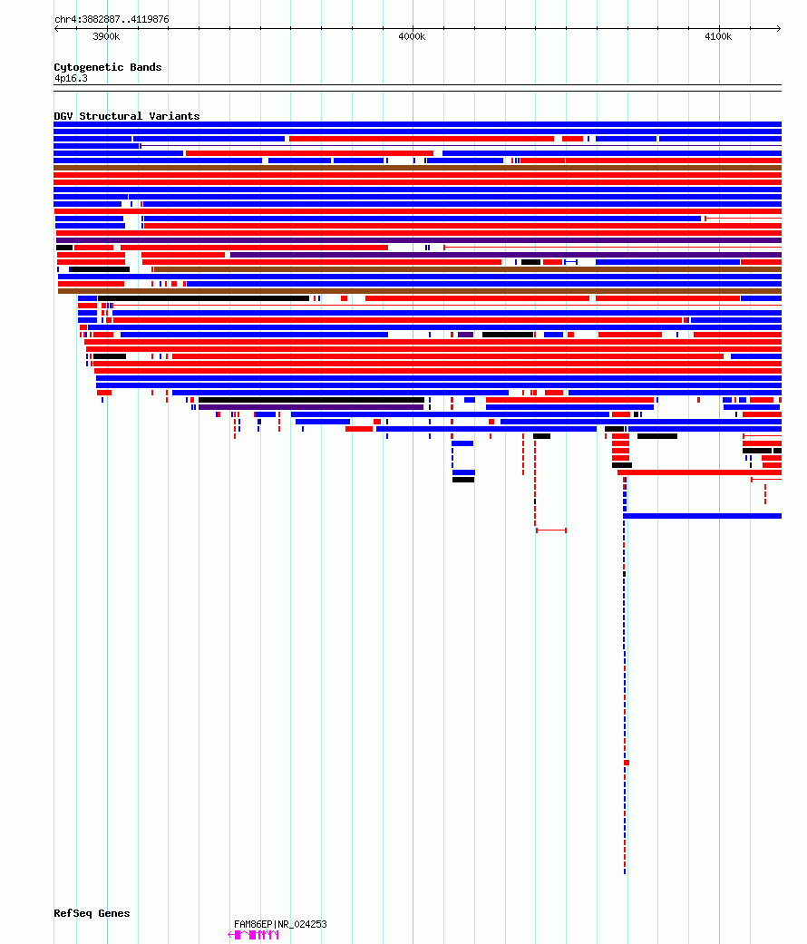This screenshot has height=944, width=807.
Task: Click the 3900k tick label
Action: coord(106,36)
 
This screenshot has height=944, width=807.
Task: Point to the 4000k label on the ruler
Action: coord(412,36)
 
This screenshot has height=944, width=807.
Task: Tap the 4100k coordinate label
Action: coord(718,36)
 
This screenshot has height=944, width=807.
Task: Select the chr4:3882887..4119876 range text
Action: coord(112,19)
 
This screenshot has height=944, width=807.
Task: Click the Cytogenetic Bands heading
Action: coord(108,67)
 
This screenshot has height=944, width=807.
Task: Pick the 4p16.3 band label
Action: coord(71,78)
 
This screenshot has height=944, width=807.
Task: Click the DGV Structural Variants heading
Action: coord(126,115)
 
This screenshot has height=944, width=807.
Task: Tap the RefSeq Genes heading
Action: coord(92,912)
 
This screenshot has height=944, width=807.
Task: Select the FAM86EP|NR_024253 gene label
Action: coord(280,924)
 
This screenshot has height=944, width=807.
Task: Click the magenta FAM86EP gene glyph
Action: coord(253,935)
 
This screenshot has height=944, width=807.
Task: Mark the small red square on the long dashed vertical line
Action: coord(627,763)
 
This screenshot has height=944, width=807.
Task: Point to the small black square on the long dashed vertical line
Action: coord(624,574)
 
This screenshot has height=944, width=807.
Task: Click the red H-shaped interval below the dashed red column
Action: coord(550,530)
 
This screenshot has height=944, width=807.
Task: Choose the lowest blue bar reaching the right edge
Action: coord(703,516)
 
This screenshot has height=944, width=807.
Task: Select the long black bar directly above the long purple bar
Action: coord(311,400)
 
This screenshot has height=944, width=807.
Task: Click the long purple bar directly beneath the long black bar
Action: coord(311,407)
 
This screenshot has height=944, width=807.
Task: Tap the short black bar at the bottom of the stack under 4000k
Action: coord(463,480)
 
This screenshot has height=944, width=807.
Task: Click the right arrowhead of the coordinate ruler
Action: coord(779,28)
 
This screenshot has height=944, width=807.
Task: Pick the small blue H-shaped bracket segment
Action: coord(570,262)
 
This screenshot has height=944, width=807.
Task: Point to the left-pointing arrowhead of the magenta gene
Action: coord(230,935)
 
